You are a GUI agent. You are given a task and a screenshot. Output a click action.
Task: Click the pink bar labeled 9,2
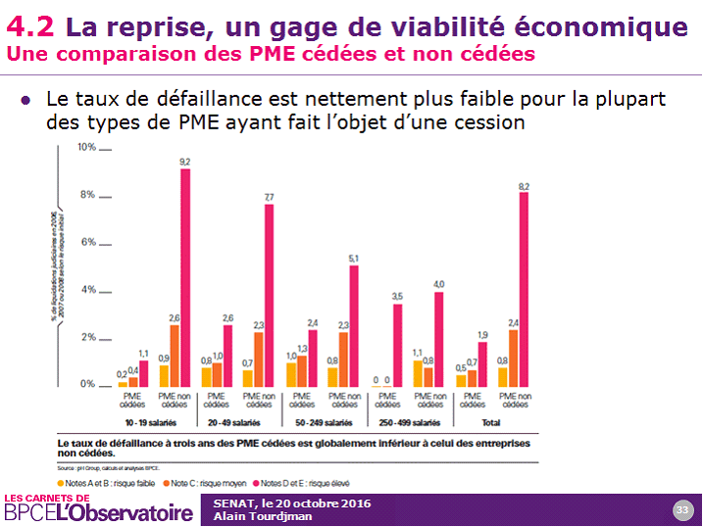(x=184, y=277)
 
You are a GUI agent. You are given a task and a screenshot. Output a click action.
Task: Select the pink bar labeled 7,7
(x=269, y=295)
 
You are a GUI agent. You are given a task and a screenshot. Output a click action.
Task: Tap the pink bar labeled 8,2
(x=524, y=289)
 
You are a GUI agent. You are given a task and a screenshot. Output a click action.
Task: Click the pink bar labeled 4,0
(x=438, y=338)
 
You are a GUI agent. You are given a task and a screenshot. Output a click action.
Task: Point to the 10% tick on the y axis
(x=86, y=147)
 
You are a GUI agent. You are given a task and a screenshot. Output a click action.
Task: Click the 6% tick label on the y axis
(x=87, y=242)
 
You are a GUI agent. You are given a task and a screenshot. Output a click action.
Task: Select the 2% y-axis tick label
(x=87, y=337)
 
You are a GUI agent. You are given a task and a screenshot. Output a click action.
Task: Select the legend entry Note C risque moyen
(x=208, y=482)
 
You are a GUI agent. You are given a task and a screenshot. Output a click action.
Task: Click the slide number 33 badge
(x=681, y=509)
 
